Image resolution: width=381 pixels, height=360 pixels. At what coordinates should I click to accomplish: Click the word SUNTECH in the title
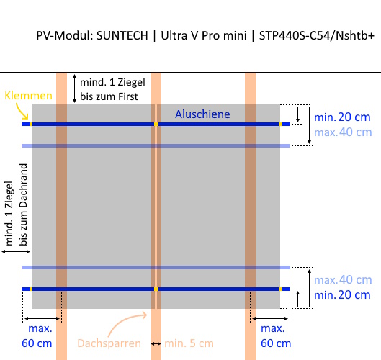pos(122,35)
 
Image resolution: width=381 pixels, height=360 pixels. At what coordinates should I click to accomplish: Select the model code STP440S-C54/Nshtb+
pos(317,35)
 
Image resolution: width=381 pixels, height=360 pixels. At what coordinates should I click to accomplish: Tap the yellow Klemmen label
pos(28,96)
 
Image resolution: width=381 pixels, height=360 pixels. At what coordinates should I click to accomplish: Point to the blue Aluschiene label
pos(202,114)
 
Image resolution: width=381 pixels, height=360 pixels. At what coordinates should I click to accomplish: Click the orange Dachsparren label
pos(109,343)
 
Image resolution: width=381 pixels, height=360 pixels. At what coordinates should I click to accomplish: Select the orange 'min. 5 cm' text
pos(189,343)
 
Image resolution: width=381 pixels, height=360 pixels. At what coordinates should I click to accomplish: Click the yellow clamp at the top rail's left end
pos(31,125)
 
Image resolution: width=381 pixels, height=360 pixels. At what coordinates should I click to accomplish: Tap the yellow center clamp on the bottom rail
pos(156,289)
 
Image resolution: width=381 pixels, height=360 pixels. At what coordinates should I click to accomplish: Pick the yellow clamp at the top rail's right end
pos(280,125)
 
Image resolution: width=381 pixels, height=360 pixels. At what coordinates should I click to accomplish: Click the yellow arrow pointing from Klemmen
pos(22,112)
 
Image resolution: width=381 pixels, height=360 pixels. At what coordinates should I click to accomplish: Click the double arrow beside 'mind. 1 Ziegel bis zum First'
pos(75,89)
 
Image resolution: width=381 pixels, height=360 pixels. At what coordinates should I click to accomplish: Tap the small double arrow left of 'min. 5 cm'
pos(156,343)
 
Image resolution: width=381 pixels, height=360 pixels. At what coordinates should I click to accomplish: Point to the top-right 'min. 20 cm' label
pos(342,117)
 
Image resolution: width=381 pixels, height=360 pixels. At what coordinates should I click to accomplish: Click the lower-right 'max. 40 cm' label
pos(343,280)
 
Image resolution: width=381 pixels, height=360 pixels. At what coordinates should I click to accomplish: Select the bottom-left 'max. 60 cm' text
pos(37,336)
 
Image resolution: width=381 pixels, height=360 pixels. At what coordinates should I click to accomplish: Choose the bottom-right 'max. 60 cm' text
pos(276,336)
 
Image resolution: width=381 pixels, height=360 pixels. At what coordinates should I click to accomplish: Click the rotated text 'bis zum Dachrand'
pos(23,204)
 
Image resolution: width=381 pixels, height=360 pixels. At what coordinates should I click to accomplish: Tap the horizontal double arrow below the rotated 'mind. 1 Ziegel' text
pos(16,252)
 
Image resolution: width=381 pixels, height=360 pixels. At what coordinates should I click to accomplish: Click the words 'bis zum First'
pos(109,96)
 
